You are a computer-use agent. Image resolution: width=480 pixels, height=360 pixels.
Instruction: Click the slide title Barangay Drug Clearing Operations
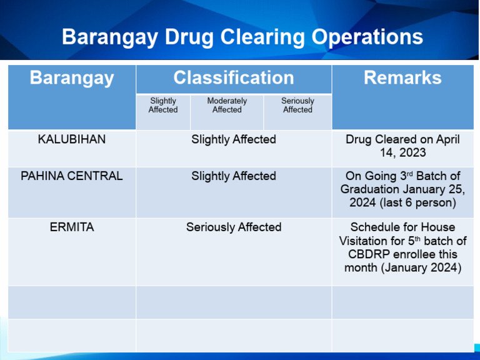pos(242,37)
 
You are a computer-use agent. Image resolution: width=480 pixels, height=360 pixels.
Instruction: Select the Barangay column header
pos(72,78)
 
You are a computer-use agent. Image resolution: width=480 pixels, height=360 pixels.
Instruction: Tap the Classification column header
pos(233,78)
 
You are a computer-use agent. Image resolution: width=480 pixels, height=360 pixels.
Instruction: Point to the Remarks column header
pos(402,78)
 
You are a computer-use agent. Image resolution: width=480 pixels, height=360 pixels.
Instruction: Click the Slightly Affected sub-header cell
pos(162,105)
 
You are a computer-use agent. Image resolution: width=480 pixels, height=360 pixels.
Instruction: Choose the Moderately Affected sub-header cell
pos(227,105)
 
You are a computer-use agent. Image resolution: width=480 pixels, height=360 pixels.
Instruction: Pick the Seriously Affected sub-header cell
pos(297,105)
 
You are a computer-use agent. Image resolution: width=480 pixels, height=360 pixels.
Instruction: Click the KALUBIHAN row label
pos(72,139)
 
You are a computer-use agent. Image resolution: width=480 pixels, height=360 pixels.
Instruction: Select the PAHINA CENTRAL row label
pos(72,176)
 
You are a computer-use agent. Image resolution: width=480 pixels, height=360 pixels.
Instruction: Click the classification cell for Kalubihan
pos(233,139)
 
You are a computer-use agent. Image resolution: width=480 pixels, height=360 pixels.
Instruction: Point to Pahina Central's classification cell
pos(233,176)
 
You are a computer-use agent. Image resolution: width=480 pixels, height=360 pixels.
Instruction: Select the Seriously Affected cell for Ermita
pos(233,227)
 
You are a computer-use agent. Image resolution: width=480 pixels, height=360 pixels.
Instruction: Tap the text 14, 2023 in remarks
pos(402,153)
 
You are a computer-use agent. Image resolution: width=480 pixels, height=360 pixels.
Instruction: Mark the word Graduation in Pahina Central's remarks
pos(372,190)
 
